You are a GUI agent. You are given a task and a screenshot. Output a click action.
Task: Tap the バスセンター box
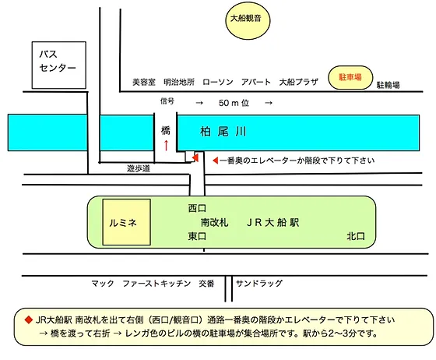click(x=58, y=61)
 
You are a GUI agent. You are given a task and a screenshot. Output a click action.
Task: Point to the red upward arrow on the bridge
click(x=165, y=146)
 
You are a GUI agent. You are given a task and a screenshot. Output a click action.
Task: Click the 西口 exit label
click(x=197, y=208)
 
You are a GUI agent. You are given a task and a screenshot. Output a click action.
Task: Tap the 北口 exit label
click(x=356, y=235)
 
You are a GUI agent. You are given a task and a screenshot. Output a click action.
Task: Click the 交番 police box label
click(x=206, y=284)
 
